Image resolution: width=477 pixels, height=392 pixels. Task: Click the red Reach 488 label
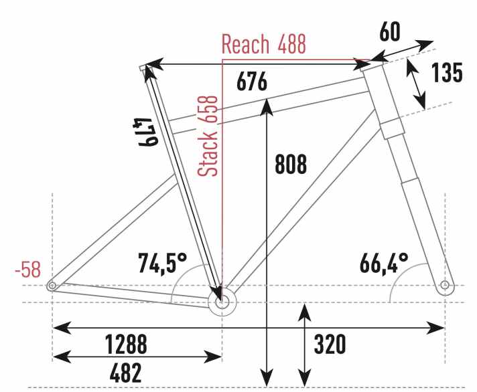click(263, 45)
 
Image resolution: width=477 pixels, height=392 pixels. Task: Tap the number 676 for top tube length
click(252, 82)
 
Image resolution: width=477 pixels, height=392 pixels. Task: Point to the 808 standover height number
click(290, 164)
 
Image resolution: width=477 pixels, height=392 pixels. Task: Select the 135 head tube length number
click(446, 73)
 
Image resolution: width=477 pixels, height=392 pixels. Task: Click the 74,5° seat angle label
click(161, 262)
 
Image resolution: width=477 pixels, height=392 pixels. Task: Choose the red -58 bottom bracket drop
click(27, 270)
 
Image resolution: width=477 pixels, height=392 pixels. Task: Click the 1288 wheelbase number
click(126, 345)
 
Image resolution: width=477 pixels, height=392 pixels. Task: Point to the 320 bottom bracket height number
click(330, 345)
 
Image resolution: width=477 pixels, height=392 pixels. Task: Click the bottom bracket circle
click(222, 302)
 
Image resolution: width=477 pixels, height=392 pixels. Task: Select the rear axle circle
click(52, 286)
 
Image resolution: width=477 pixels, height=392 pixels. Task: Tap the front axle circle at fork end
click(445, 286)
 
